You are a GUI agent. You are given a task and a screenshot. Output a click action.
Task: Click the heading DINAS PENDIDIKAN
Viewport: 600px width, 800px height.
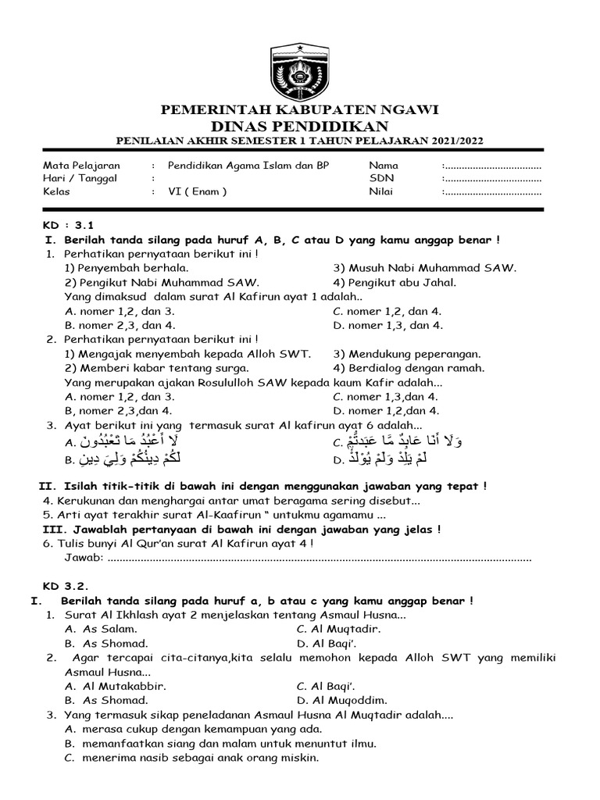pos(300,126)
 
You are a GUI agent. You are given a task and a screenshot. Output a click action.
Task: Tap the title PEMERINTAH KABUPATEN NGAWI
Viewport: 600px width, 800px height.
pos(300,109)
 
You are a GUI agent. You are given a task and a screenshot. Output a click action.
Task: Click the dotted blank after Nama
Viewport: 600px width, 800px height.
pos(492,166)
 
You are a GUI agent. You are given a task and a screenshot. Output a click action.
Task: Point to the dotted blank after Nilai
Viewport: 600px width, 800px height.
pos(492,191)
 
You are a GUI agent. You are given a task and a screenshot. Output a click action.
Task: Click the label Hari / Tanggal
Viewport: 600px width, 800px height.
pos(80,178)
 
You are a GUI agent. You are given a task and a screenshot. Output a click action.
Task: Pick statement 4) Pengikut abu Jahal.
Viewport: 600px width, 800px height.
pos(395,282)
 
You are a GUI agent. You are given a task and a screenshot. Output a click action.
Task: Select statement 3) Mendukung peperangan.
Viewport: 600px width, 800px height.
pos(407,354)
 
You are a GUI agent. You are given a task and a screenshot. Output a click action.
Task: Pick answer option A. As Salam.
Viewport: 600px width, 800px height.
pos(102,629)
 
